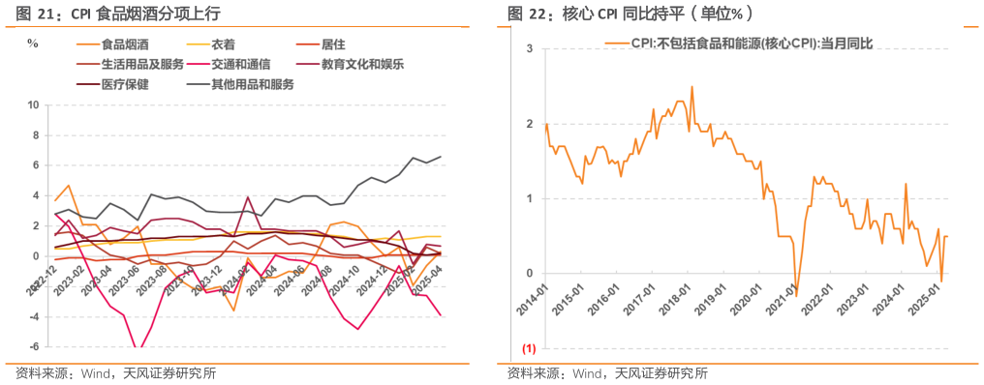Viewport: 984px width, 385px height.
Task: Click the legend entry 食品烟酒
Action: coord(125,44)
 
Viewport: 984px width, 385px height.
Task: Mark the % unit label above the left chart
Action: coord(32,44)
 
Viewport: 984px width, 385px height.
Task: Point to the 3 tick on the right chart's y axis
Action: coord(529,48)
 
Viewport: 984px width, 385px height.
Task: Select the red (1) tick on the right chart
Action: coord(529,347)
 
